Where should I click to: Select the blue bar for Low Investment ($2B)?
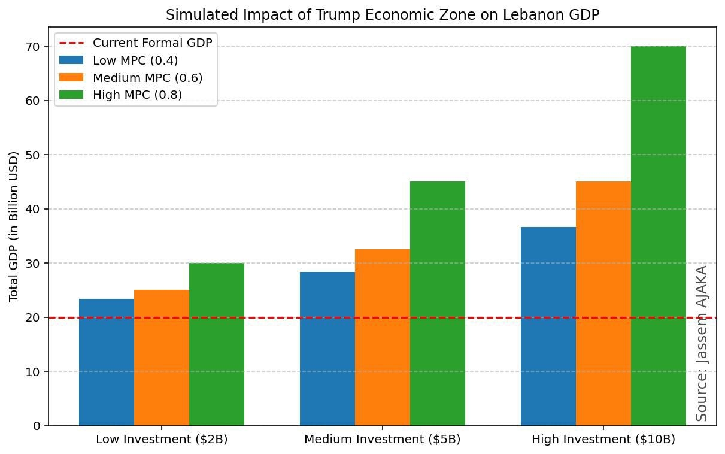[107, 362]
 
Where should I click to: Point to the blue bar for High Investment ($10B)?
[548, 326]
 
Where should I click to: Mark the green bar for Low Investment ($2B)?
[217, 344]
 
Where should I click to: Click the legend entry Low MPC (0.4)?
[135, 60]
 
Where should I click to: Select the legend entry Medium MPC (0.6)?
[147, 78]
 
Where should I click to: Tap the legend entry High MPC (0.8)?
[137, 95]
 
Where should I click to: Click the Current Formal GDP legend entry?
[152, 43]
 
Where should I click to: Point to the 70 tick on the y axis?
[34, 47]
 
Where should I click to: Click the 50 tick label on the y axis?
[34, 155]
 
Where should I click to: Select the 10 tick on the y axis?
[34, 372]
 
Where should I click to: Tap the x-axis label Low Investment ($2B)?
[162, 440]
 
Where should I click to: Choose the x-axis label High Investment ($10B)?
[603, 440]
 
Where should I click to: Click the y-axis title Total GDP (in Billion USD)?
[14, 226]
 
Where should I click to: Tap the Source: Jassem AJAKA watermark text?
[702, 343]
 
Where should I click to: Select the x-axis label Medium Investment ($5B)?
[383, 440]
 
